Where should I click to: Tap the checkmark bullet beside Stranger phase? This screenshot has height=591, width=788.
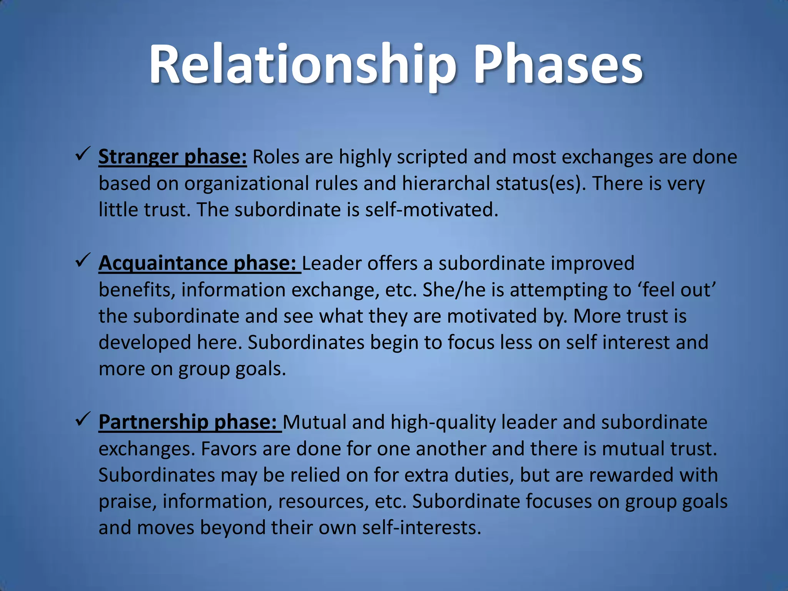point(83,155)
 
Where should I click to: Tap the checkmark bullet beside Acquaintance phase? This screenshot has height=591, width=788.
point(83,261)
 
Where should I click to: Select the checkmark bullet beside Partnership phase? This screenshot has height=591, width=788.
point(83,419)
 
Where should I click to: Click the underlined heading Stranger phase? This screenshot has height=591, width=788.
point(172,157)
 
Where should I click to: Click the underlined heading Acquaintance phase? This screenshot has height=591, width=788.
point(199,264)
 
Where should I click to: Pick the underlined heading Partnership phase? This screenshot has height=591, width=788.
point(190,422)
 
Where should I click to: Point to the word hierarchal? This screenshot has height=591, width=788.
point(446,184)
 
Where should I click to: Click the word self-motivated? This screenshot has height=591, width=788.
point(431,210)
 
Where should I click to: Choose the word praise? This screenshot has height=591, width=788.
point(127,501)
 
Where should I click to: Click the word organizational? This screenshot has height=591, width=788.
point(246,184)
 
